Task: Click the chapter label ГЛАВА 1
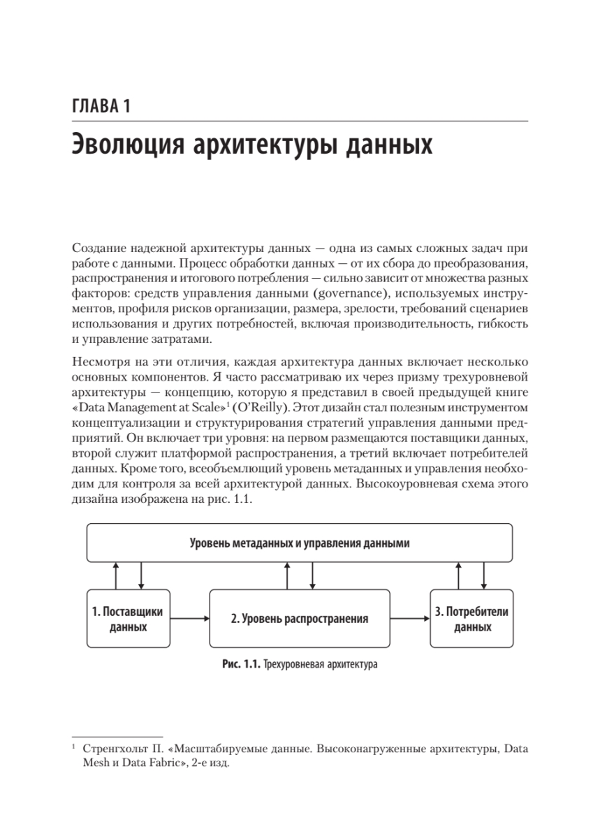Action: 101,108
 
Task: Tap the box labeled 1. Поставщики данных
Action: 128,619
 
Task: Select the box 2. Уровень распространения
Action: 300,619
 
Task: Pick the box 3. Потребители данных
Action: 471,619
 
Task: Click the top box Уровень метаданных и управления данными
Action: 300,543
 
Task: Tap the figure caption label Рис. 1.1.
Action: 240,665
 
